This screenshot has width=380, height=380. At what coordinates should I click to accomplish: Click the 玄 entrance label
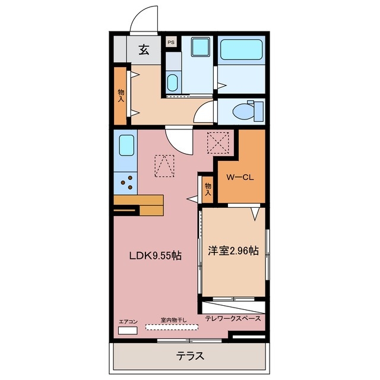coord(144,50)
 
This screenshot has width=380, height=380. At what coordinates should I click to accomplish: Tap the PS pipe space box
coord(171,42)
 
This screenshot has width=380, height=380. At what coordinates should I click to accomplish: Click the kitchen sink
coord(126,144)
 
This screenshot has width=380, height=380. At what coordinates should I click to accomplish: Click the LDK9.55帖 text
coord(156,256)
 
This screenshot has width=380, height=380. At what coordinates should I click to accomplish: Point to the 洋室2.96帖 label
coord(233,251)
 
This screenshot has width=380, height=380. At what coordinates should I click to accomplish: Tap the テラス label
coord(190,356)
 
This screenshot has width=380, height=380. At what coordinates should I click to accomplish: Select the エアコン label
coord(128,322)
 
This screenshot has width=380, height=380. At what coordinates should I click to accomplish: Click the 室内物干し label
coord(173,320)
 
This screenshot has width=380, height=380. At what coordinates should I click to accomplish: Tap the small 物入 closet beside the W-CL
coord(208,189)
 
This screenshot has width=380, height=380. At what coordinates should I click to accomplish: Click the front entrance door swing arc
coord(145,17)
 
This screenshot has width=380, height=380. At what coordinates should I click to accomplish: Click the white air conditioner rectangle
coord(127,330)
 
